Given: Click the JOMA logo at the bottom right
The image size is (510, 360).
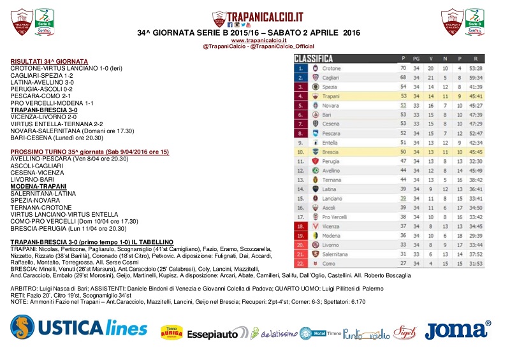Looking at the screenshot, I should (x=458, y=330).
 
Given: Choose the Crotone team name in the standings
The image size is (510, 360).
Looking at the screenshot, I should (x=331, y=68).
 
